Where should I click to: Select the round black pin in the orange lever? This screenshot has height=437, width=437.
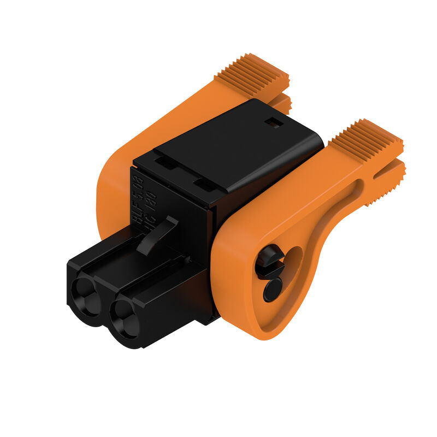(x=273, y=289)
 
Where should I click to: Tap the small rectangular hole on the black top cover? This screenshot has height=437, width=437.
(x=273, y=123)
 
